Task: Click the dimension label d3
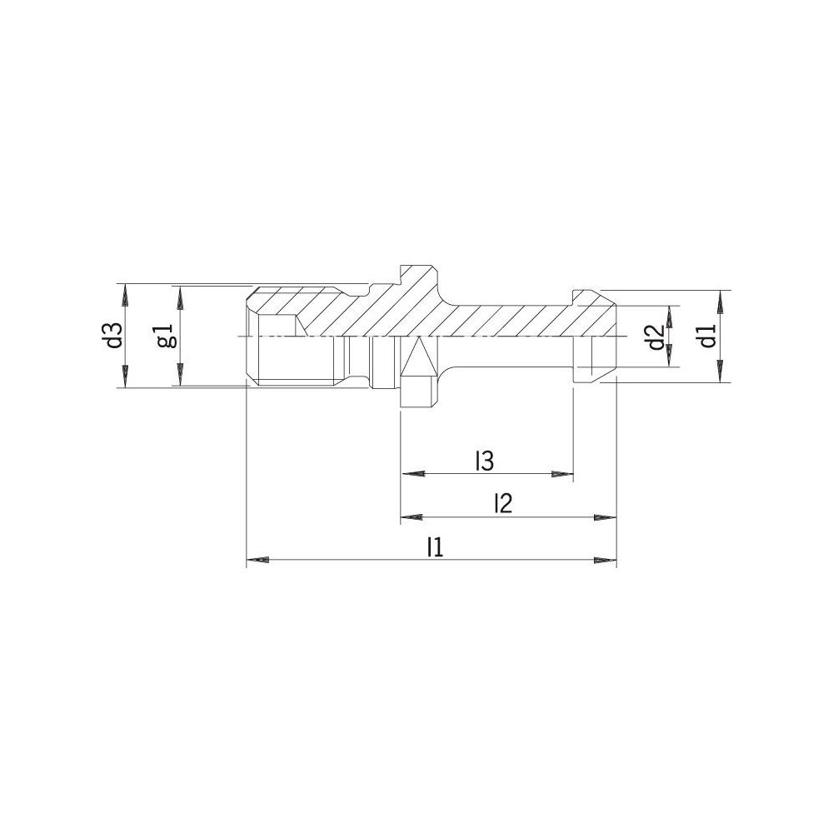(x=115, y=335)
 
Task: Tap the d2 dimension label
(x=656, y=337)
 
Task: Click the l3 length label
(x=484, y=461)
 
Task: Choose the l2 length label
(x=502, y=503)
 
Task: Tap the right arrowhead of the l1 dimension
(x=605, y=560)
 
